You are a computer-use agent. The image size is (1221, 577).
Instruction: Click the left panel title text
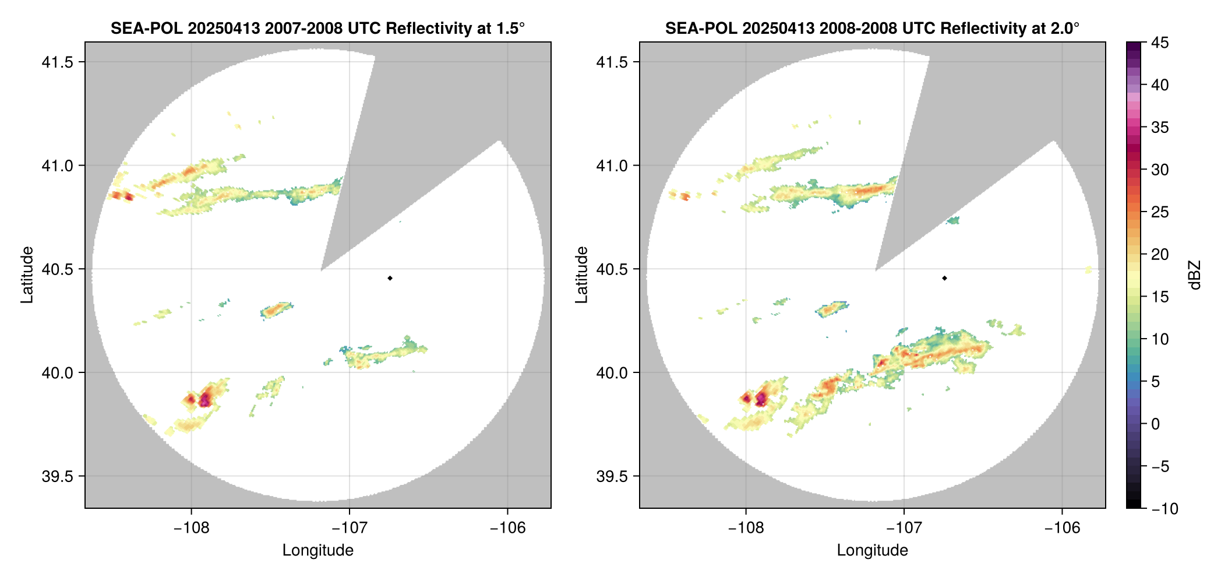click(x=317, y=28)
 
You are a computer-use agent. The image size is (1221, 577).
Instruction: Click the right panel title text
click(x=872, y=28)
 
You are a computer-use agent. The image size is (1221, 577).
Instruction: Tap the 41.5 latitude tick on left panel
click(x=58, y=62)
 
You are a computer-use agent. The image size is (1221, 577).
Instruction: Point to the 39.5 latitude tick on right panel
click(x=612, y=476)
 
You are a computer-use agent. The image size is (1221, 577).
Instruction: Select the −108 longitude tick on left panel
click(x=191, y=528)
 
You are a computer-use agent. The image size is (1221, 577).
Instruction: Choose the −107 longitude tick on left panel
click(x=350, y=528)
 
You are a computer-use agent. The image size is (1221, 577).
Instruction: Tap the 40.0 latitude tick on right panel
click(x=612, y=373)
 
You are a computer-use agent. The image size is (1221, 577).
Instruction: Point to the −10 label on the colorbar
click(x=1164, y=509)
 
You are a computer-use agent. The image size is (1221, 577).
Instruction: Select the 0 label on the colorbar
click(x=1156, y=424)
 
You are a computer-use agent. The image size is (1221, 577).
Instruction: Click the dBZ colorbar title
click(x=1195, y=275)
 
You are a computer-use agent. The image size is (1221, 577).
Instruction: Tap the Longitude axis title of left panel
click(x=317, y=550)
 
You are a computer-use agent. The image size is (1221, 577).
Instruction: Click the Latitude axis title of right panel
click(x=581, y=275)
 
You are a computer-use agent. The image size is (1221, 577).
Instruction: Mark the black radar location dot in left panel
click(x=390, y=278)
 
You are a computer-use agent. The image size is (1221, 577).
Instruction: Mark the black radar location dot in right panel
click(x=944, y=278)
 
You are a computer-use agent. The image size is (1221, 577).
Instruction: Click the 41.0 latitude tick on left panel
click(x=58, y=166)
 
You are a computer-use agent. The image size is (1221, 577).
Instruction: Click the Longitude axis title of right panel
click(x=872, y=550)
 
